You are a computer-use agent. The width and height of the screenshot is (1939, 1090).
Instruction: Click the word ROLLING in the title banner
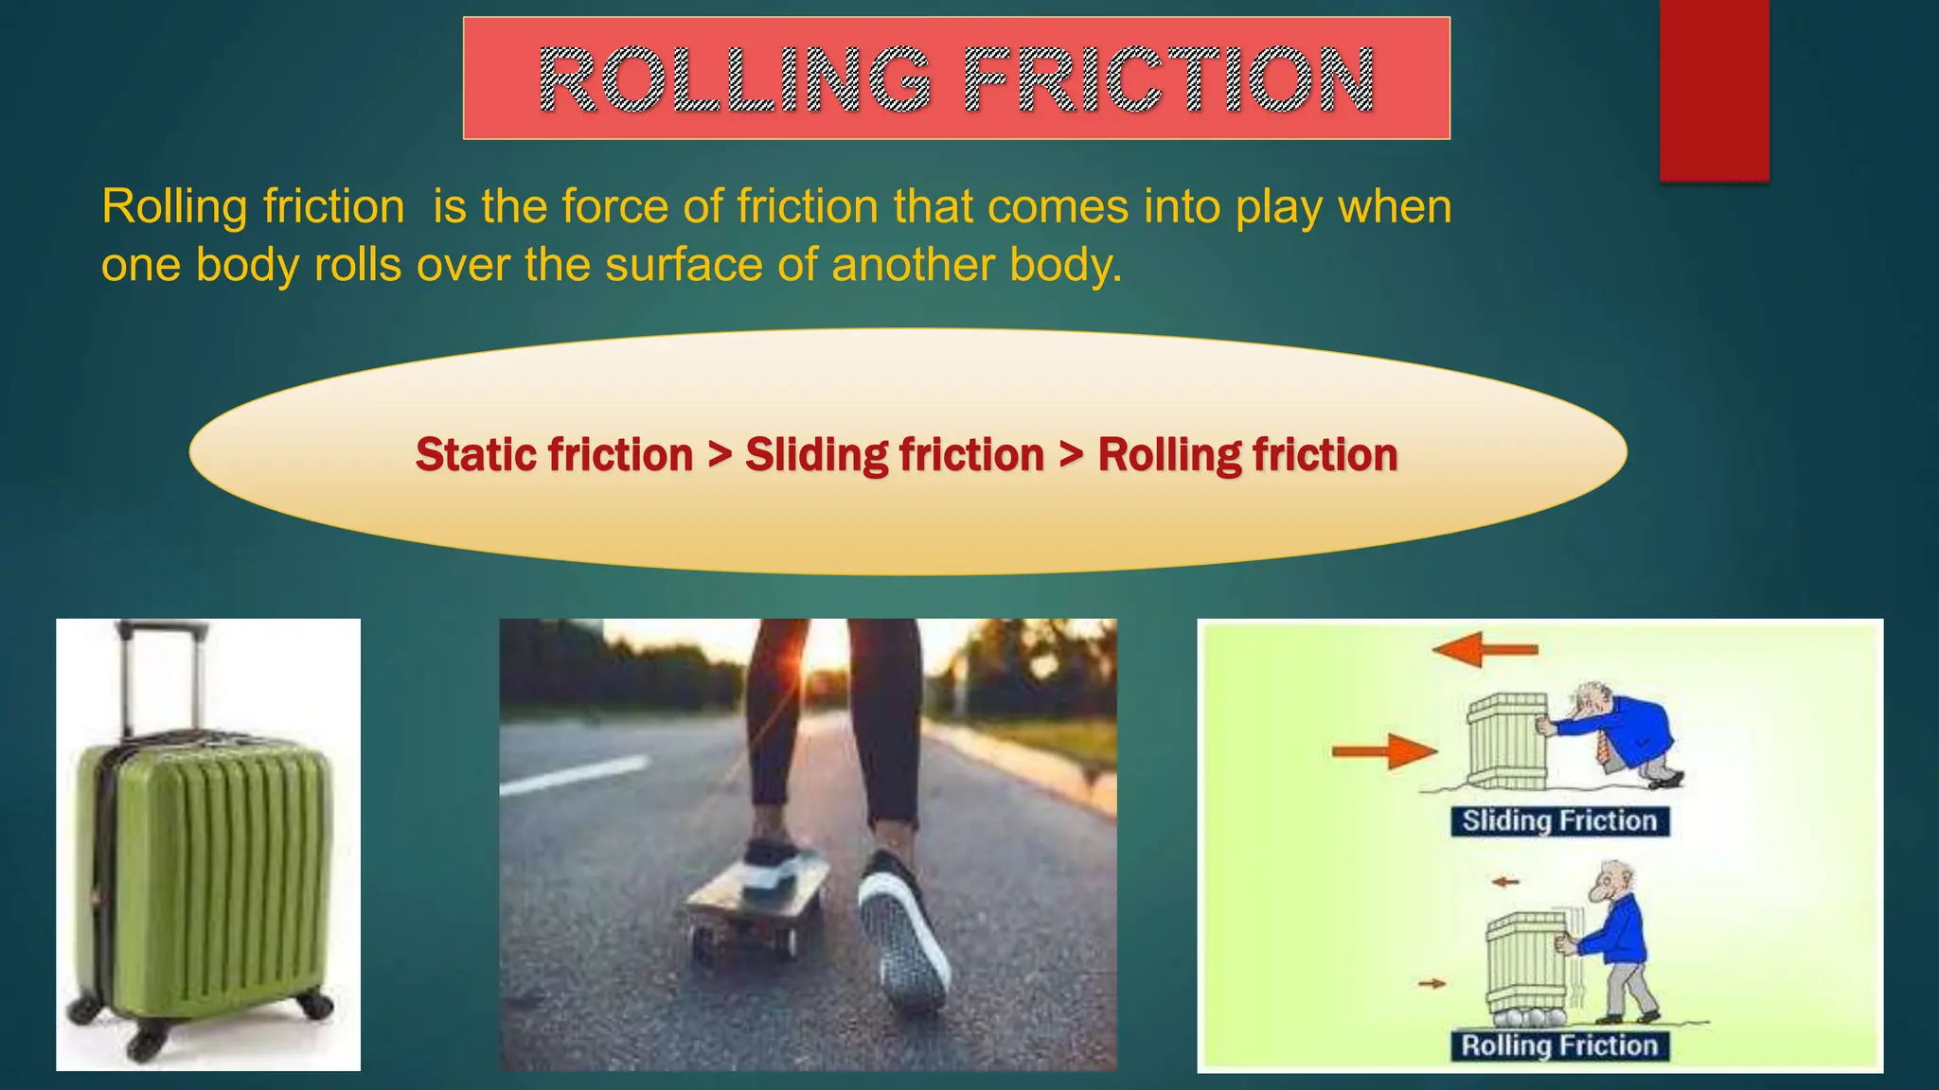[735, 79]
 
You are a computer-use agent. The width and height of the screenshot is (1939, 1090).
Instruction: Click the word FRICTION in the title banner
[1168, 79]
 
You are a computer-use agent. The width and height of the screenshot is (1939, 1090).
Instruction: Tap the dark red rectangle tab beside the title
[1714, 90]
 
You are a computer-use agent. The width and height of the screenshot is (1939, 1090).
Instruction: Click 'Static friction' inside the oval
[554, 455]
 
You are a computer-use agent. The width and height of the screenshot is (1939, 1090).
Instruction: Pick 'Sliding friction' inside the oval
[894, 455]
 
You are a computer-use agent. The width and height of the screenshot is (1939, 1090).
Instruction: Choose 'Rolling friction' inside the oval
[1247, 455]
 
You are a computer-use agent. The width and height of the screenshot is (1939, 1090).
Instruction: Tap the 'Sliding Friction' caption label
[1559, 820]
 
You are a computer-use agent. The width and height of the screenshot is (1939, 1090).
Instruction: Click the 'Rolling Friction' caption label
[1559, 1046]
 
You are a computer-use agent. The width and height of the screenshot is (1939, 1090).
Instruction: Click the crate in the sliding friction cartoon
[1506, 742]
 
